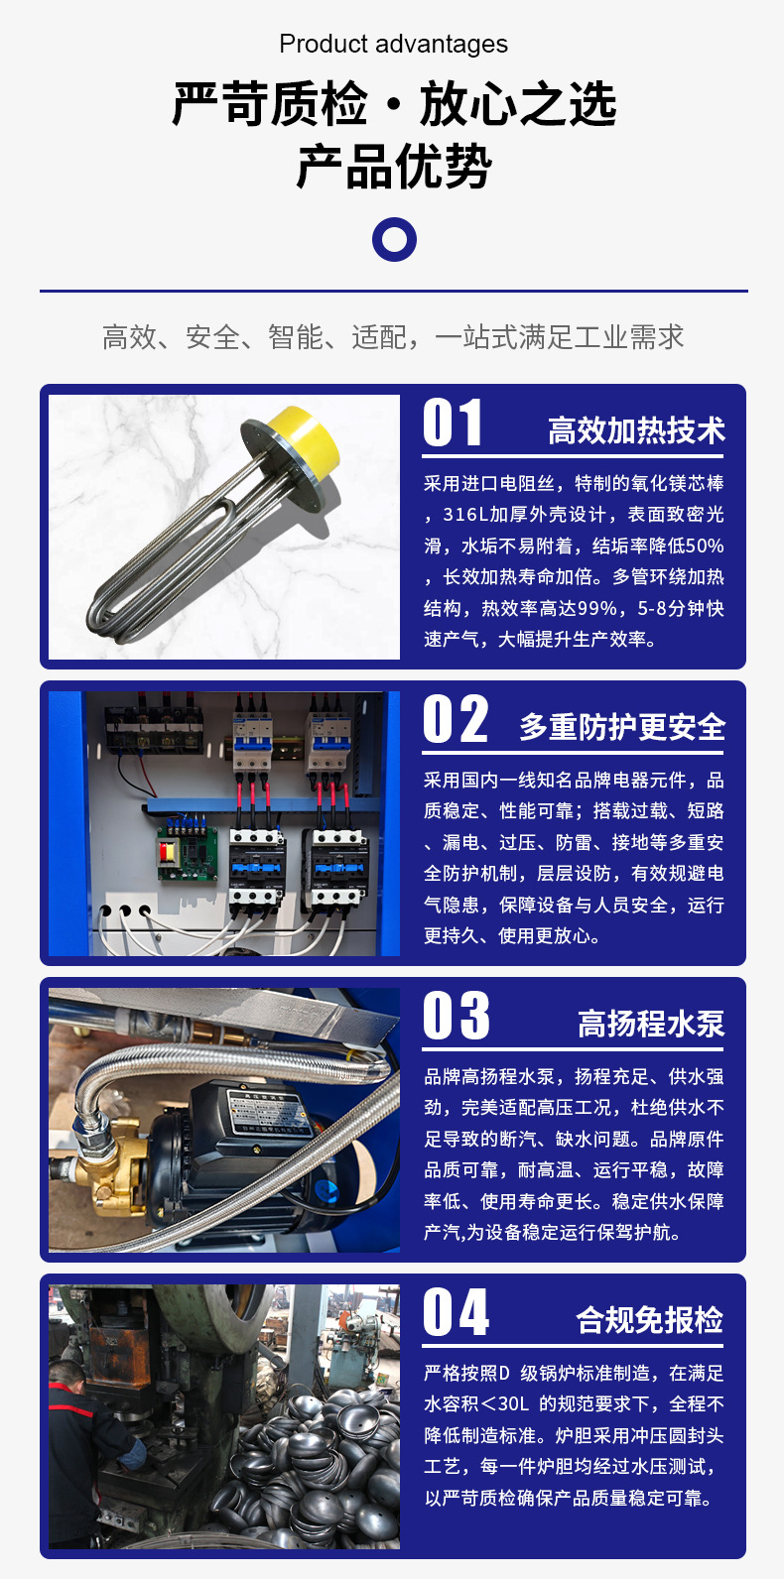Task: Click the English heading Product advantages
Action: tap(393, 45)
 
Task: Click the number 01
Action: tap(453, 423)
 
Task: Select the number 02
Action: tap(456, 719)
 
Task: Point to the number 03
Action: tap(457, 1015)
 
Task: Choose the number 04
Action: tap(457, 1312)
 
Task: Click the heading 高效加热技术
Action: tap(637, 430)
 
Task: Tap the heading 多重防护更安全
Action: tap(622, 727)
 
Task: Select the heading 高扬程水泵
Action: tap(651, 1024)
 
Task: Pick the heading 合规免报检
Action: tap(650, 1320)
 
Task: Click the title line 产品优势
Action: tap(394, 167)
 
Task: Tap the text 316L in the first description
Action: tap(465, 515)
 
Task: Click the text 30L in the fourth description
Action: tap(513, 1404)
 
